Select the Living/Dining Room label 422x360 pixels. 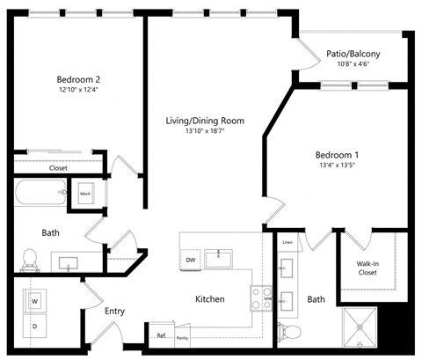(x=205, y=121)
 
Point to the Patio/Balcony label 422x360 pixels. (x=353, y=53)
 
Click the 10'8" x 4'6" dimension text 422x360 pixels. (x=353, y=63)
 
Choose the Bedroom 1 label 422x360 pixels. (x=338, y=156)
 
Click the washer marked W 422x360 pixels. (x=36, y=301)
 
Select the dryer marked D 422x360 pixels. (x=36, y=327)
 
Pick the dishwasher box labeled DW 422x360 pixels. (x=190, y=260)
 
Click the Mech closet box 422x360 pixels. (x=85, y=194)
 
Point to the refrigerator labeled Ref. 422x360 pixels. (x=161, y=335)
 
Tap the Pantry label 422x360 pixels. (x=182, y=337)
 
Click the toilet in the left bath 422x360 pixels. (x=30, y=259)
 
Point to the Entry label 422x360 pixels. (x=114, y=311)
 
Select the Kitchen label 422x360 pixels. (x=209, y=299)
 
